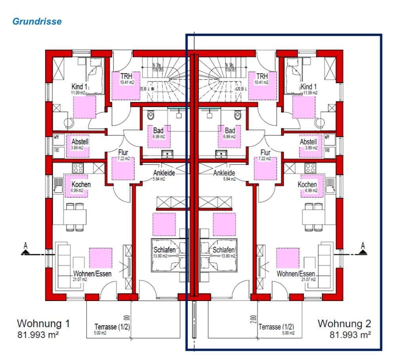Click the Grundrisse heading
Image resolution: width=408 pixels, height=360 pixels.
coord(37,21)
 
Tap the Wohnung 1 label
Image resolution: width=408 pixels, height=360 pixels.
coord(44,324)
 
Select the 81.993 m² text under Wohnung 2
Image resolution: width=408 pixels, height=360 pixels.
coord(350,335)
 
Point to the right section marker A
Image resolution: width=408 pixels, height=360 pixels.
coord(363,248)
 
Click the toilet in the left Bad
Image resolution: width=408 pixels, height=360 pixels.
coord(151,115)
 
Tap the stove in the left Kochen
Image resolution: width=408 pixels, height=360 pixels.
coord(78,168)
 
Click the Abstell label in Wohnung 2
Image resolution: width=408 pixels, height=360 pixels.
coord(308,142)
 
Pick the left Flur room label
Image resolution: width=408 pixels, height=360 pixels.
coord(123,152)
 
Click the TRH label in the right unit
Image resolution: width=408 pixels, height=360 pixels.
coord(262,76)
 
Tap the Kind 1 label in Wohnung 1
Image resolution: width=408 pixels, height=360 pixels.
coord(79,87)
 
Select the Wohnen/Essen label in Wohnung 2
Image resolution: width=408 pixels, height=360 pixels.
coord(296,274)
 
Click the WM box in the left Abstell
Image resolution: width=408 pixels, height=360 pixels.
coord(56,138)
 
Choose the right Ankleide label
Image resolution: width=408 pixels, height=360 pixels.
coord(224,173)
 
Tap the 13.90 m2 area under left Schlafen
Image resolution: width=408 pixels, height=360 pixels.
coord(160,256)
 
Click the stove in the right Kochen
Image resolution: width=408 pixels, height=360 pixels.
coord(310,168)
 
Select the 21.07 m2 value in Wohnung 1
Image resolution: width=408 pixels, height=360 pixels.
coord(80,280)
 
